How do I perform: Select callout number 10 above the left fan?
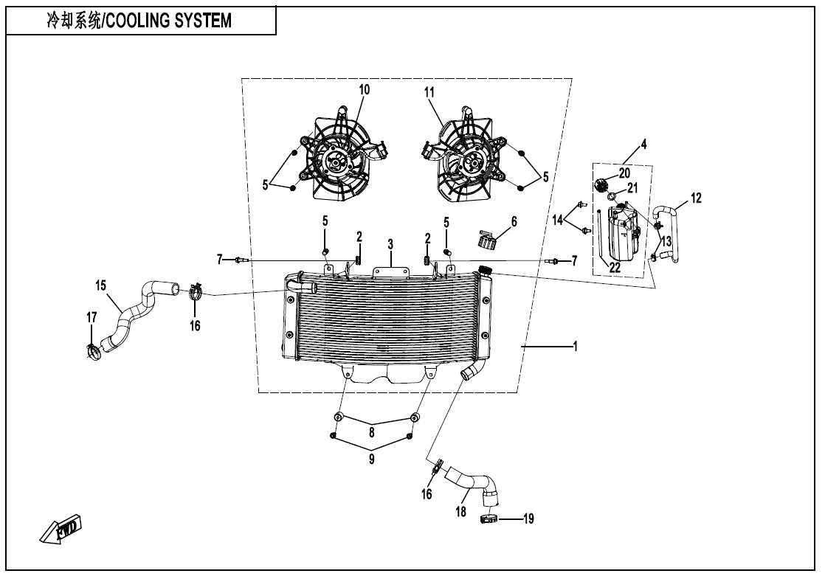[x=364, y=89]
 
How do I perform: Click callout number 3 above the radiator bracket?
[x=390, y=243]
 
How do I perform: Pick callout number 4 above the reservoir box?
[x=644, y=145]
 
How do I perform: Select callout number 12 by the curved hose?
[x=697, y=198]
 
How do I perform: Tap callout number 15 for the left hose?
[x=100, y=283]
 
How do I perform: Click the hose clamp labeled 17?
[x=92, y=353]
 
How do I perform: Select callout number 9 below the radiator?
[x=372, y=458]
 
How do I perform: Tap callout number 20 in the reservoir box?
[x=624, y=173]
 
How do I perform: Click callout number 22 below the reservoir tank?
[x=614, y=267]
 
